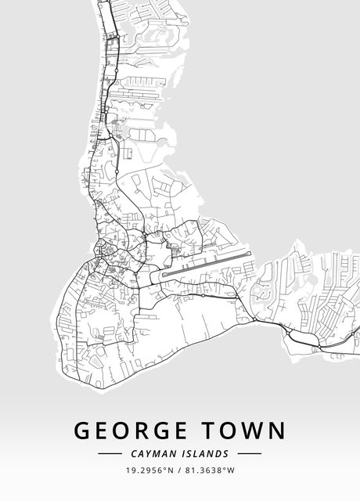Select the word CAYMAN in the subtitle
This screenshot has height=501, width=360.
[153, 453]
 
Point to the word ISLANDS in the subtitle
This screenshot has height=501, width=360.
[206, 453]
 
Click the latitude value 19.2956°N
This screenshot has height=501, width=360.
[149, 470]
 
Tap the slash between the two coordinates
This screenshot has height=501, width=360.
[179, 470]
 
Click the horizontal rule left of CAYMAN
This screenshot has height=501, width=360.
[110, 453]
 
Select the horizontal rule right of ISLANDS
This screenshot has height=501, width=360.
[249, 453]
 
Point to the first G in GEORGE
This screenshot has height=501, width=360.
[83, 431]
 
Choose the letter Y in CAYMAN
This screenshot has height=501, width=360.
[149, 453]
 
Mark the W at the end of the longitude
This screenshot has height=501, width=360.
[231, 470]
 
